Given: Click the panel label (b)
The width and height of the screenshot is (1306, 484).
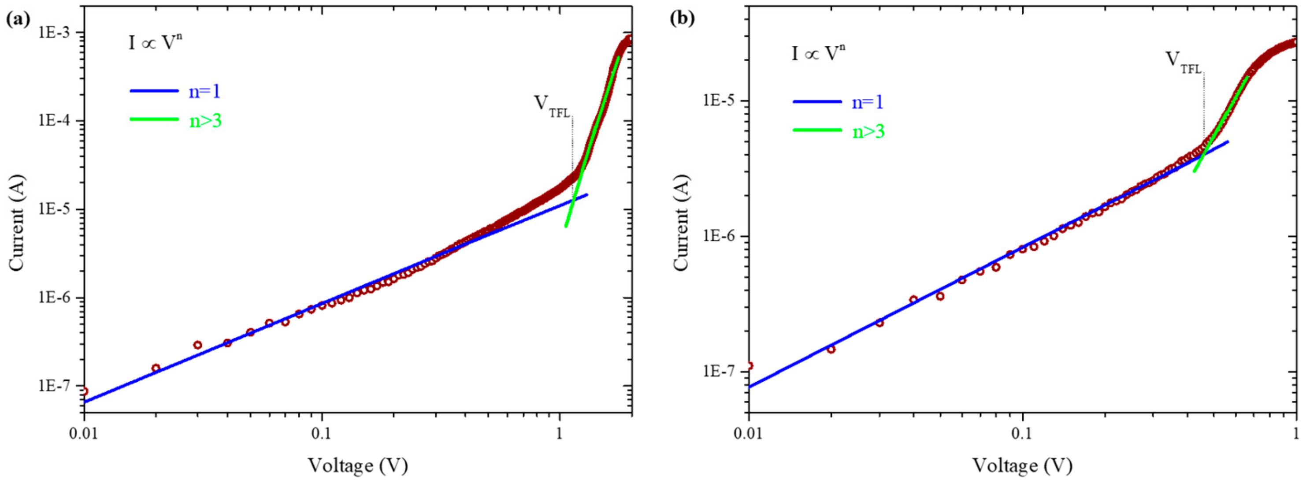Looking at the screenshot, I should (x=683, y=19).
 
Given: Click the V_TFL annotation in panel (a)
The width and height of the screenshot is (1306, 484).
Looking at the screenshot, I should (x=552, y=107).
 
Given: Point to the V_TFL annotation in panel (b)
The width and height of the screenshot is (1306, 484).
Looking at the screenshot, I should (x=1184, y=63).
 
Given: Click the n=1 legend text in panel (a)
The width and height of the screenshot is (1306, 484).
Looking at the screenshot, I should (x=205, y=91).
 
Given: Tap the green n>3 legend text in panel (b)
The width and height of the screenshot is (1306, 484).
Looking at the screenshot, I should (x=868, y=131).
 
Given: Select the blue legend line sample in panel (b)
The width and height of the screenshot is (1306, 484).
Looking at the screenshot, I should (x=817, y=101).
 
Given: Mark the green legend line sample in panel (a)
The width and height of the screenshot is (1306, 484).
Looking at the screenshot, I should (x=154, y=120).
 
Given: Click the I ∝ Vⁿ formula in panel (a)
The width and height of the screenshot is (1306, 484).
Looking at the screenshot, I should (x=155, y=43).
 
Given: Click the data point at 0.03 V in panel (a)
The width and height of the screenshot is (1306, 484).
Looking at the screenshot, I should (x=198, y=345).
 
